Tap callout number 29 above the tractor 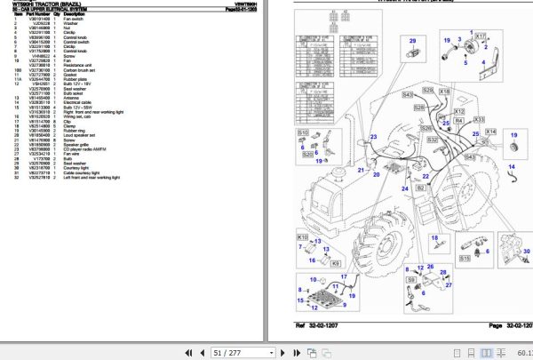[412, 42]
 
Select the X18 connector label [445, 92]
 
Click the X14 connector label [489, 132]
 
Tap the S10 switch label [302, 133]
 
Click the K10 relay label [302, 239]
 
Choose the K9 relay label [335, 264]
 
